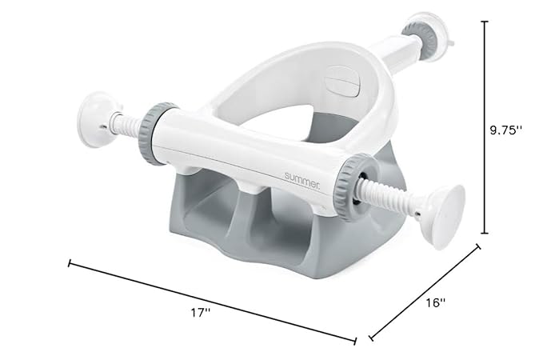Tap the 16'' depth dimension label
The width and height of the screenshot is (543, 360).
(x=435, y=304)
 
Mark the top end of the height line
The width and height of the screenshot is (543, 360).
(x=484, y=22)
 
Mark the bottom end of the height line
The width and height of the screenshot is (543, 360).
(x=484, y=234)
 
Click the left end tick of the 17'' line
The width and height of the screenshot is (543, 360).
(x=70, y=262)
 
